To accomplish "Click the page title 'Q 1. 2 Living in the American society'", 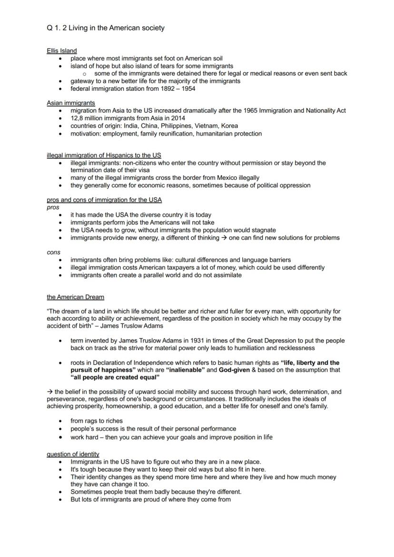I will (106, 28).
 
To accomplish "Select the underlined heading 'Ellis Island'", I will (62, 50).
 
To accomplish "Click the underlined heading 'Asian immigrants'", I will (71, 103).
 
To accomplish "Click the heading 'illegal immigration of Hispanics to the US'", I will (104, 155).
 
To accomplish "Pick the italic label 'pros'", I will (53, 207).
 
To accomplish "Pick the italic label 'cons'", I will (53, 253).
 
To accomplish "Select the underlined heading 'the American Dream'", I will (75, 297).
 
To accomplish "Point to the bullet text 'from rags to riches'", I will (97, 420).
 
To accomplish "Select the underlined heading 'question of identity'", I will (73, 454).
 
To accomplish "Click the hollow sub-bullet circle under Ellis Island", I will (84, 74).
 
